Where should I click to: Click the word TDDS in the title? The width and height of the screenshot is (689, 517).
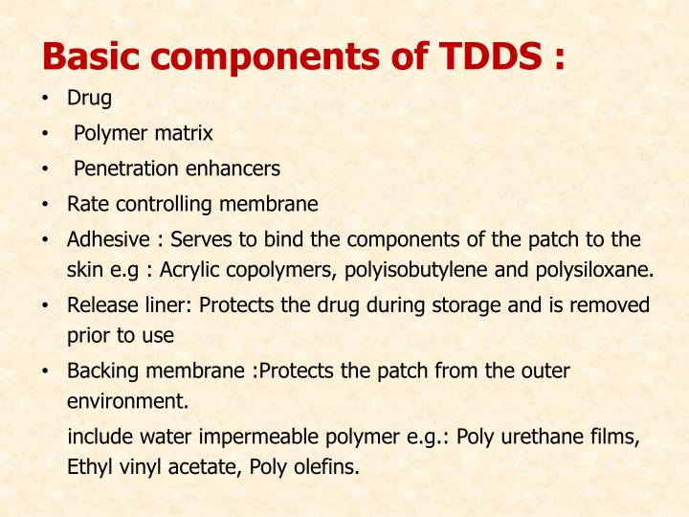[x=487, y=56]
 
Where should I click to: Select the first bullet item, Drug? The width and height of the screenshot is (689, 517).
[x=89, y=99]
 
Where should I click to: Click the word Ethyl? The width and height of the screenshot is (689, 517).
[x=89, y=468]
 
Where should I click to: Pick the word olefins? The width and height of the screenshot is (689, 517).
[x=328, y=468]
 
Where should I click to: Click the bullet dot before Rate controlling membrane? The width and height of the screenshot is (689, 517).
[x=46, y=205]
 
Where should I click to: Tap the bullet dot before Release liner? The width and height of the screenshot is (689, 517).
[x=46, y=306]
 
